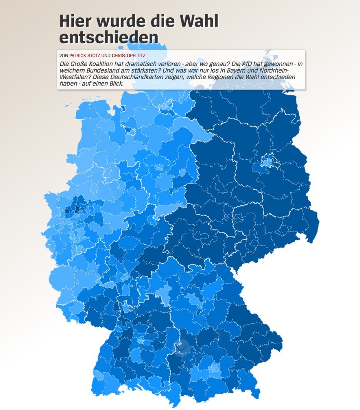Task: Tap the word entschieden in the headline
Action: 109,37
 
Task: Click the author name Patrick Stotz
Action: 85,55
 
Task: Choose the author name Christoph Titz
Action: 128,55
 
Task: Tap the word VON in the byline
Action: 64,55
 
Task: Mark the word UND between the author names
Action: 106,55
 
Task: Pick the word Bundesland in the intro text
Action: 100,70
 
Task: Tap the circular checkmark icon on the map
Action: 182,348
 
